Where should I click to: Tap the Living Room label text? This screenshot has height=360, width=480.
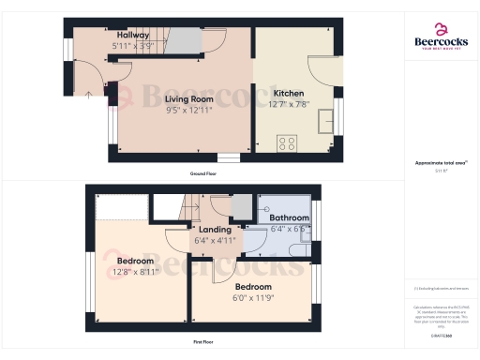click(x=189, y=98)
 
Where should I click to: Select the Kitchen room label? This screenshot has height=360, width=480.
click(x=289, y=94)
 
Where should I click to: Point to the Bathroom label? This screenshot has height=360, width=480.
click(x=289, y=217)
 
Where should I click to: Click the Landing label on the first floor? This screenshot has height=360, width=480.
click(x=215, y=229)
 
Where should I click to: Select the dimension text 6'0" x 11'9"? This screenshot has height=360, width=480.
click(x=253, y=297)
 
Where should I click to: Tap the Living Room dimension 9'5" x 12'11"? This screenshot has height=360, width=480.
click(x=189, y=110)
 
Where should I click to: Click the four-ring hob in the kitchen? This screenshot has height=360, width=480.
click(x=287, y=143)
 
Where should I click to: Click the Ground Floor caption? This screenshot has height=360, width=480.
click(x=202, y=174)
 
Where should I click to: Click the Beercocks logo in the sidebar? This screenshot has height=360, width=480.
click(x=441, y=36)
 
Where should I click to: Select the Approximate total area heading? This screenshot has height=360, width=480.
click(x=441, y=163)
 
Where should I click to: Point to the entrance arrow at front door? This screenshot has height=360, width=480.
click(x=88, y=94)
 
